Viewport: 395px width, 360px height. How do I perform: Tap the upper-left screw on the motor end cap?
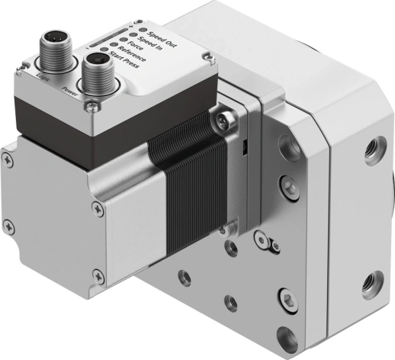(7, 157)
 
